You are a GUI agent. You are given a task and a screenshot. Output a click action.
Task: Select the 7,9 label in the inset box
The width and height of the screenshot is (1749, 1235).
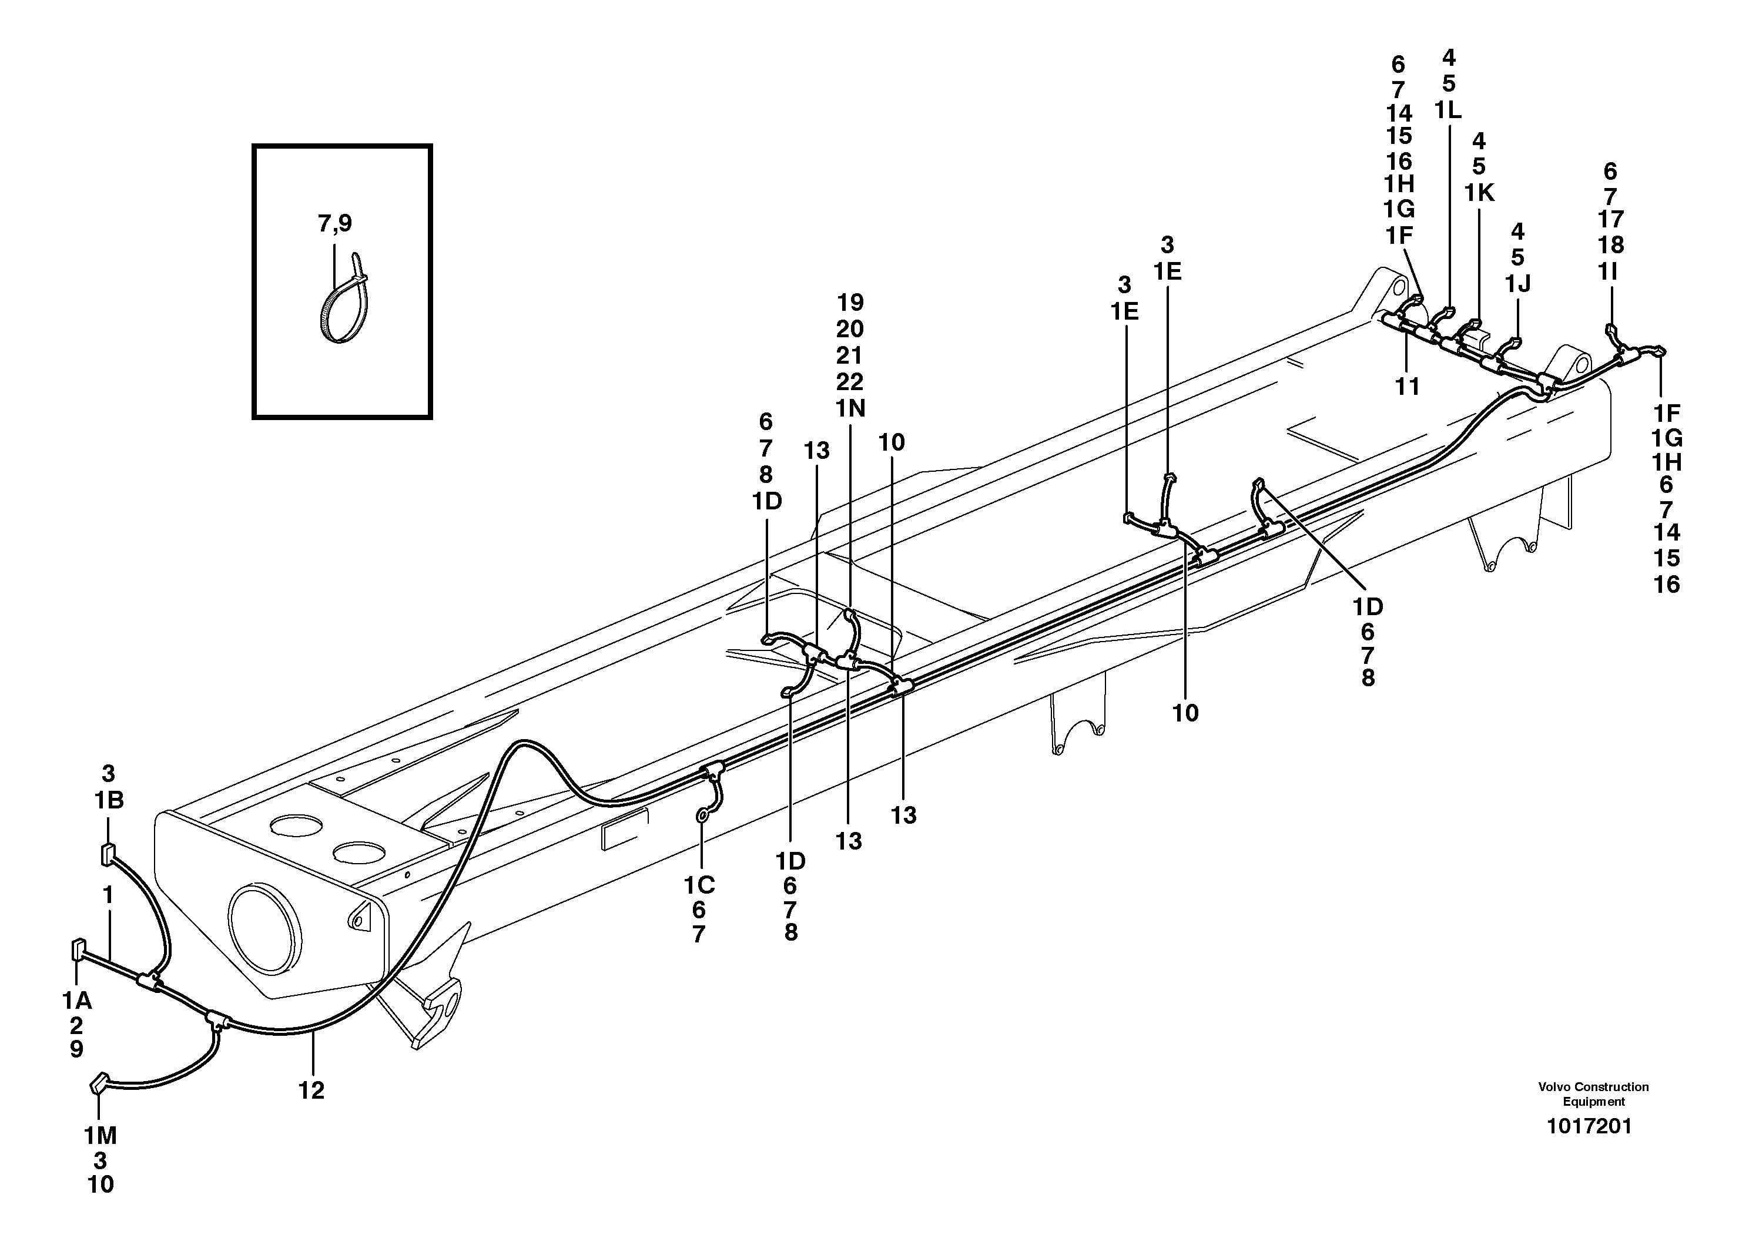click(334, 223)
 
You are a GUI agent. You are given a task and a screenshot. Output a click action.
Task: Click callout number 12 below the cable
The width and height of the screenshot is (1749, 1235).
click(311, 1091)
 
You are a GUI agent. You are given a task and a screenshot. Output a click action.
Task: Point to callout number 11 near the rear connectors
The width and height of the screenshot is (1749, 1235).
click(1407, 387)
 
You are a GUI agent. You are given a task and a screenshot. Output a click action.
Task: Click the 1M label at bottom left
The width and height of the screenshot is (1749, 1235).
click(100, 1136)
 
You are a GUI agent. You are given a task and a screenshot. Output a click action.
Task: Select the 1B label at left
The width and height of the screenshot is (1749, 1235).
click(108, 800)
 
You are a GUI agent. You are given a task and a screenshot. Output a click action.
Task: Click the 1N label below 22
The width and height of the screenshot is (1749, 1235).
click(850, 409)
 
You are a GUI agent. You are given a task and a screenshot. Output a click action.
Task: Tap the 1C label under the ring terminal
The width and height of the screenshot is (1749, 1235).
click(699, 885)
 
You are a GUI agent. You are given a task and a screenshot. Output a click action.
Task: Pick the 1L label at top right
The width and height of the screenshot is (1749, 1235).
click(1448, 110)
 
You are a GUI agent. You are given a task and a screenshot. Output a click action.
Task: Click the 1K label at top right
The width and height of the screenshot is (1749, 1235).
click(1479, 193)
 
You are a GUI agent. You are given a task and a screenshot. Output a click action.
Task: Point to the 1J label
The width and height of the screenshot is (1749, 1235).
click(1517, 283)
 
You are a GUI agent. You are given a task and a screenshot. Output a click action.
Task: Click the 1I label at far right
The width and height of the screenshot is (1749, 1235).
click(1607, 271)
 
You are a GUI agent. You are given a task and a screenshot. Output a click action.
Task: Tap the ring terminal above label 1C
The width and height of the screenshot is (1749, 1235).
click(702, 817)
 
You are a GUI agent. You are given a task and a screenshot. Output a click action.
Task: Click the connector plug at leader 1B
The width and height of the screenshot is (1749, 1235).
click(108, 854)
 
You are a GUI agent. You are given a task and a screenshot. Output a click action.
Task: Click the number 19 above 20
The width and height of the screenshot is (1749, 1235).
click(850, 303)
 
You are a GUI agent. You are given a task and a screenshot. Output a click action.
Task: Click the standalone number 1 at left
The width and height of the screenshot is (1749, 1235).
click(108, 895)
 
